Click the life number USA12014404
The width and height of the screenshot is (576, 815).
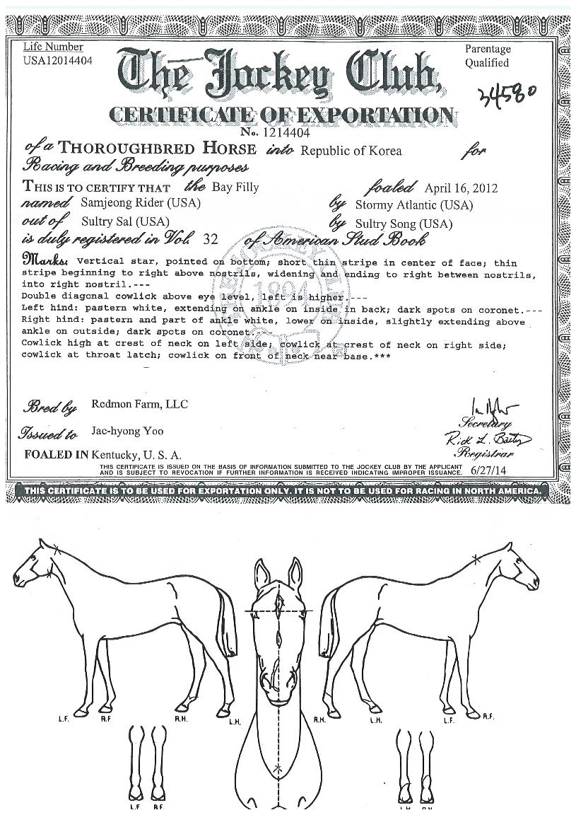click(x=58, y=60)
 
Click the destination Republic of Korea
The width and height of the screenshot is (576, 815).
click(x=351, y=151)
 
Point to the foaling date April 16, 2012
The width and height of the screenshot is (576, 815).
click(x=461, y=188)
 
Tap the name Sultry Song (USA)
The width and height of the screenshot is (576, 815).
click(x=403, y=224)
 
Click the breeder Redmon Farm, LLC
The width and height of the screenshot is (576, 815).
click(x=139, y=405)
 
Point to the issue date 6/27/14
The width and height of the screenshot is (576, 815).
click(x=491, y=469)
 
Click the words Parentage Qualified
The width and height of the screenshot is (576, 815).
click(x=487, y=56)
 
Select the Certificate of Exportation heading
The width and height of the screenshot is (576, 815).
click(x=280, y=114)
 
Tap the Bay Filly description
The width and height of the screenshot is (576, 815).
click(x=235, y=187)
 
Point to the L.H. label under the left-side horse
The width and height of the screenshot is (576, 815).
click(x=235, y=723)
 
